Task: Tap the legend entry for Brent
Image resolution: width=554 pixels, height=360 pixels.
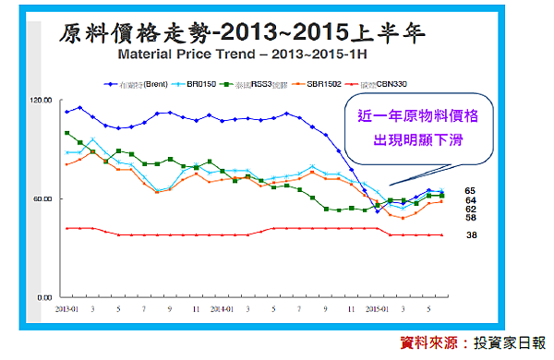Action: point(137,83)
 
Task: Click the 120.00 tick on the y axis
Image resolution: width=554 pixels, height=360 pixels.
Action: point(42,99)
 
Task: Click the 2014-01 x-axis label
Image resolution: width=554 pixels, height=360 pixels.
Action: point(221,309)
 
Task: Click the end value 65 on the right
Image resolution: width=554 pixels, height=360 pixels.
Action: point(470,189)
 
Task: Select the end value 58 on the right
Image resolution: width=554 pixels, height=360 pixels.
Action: point(470,218)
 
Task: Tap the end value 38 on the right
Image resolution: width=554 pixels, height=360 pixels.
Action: point(470,235)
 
